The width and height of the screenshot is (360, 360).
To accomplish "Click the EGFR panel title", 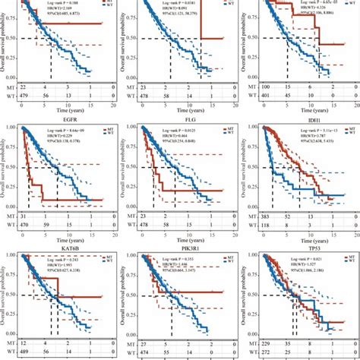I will [66, 118].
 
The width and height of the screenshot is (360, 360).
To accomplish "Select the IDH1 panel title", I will [306, 118].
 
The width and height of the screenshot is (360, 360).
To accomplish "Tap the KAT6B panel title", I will [66, 245].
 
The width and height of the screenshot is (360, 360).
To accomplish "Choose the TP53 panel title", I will [306, 245].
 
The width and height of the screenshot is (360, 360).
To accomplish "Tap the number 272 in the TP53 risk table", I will [262, 352].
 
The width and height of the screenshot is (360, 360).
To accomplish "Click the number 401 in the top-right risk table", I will [262, 97].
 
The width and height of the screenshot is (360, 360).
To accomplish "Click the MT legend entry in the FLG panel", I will [229, 130].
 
